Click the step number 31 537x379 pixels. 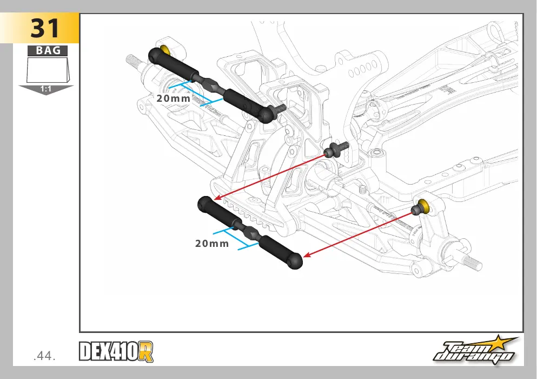[x=45, y=28]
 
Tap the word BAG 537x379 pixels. [x=48, y=50]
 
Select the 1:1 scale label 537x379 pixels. [x=45, y=89]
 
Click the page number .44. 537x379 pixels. [x=44, y=356]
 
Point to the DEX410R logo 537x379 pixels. [x=116, y=351]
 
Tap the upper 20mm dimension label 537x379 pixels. [x=173, y=99]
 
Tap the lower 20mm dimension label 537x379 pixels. [x=212, y=244]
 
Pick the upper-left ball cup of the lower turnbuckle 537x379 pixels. [x=205, y=204]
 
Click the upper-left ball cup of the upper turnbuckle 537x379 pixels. [x=156, y=55]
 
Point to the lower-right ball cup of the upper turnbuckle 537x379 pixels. [x=267, y=114]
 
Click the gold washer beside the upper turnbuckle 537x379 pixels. [x=166, y=50]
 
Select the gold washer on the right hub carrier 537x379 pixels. [x=424, y=205]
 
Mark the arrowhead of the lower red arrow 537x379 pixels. [x=307, y=254]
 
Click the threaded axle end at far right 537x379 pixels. [x=473, y=263]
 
